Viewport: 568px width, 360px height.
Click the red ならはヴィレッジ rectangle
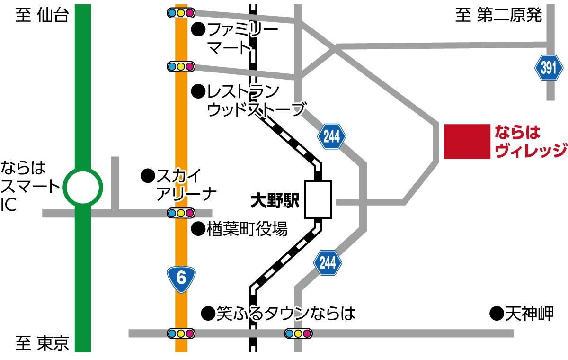tap(467, 141)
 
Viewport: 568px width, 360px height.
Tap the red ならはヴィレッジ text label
tap(530, 141)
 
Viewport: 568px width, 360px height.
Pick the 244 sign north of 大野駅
tap(332, 136)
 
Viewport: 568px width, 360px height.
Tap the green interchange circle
tap(83, 187)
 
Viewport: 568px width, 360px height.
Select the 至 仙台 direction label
tap(43, 15)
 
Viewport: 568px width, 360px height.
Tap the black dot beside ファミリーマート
tap(198, 30)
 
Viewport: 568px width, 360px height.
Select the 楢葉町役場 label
tap(247, 230)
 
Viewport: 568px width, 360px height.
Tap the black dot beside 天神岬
tap(496, 313)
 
